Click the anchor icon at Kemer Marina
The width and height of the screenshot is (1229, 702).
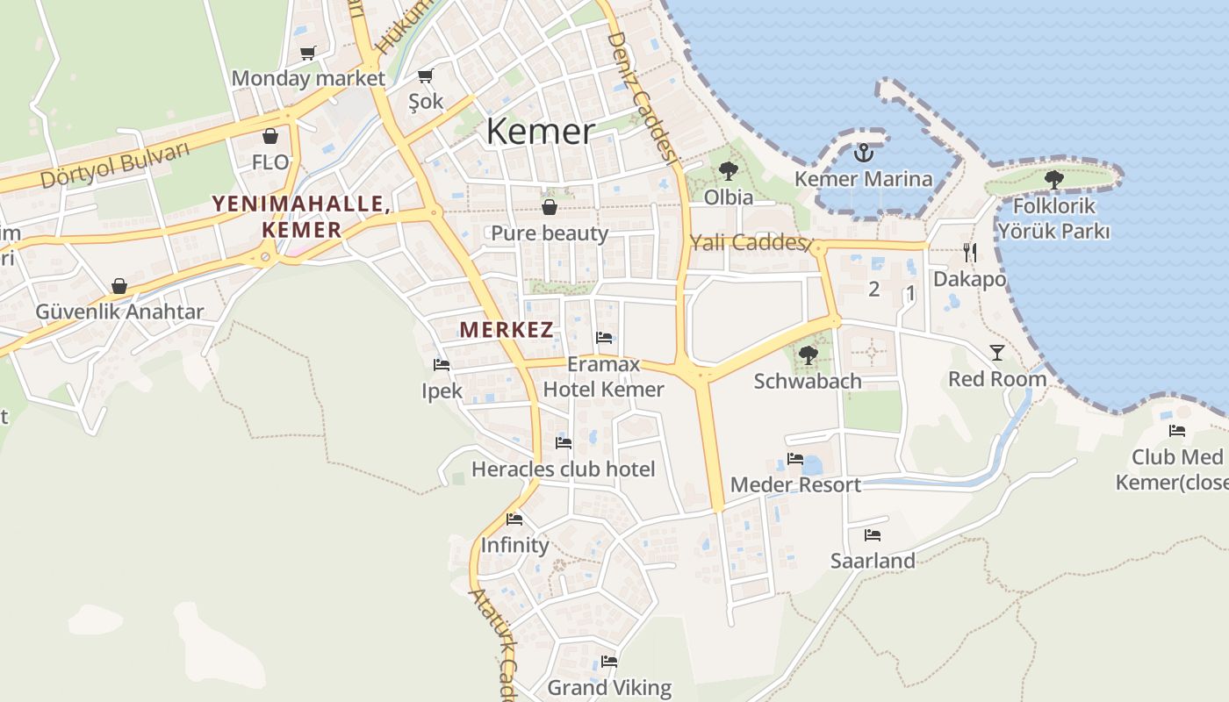(864, 153)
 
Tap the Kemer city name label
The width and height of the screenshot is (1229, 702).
(540, 132)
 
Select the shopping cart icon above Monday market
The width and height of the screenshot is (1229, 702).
(307, 54)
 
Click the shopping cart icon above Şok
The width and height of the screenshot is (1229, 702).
(426, 75)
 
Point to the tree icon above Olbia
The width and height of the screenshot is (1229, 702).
(728, 170)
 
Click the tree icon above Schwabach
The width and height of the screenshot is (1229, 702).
(808, 355)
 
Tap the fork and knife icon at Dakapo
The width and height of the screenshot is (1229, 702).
(969, 253)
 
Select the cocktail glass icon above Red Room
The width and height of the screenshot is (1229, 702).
(997, 353)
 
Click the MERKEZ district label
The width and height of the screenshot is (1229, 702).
(507, 330)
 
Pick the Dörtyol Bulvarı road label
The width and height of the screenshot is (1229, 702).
(115, 165)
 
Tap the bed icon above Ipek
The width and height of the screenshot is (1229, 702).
(442, 365)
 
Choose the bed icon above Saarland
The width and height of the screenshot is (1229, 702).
(873, 534)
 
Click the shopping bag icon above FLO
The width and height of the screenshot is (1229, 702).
(270, 137)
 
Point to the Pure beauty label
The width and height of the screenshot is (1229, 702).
(550, 233)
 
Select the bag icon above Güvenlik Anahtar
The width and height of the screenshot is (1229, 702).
(119, 286)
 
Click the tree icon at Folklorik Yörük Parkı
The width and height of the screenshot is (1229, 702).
(1054, 180)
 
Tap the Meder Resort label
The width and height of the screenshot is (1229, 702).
(795, 484)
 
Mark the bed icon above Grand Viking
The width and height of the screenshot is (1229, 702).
(609, 662)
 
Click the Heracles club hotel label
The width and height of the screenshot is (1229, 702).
(564, 469)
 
